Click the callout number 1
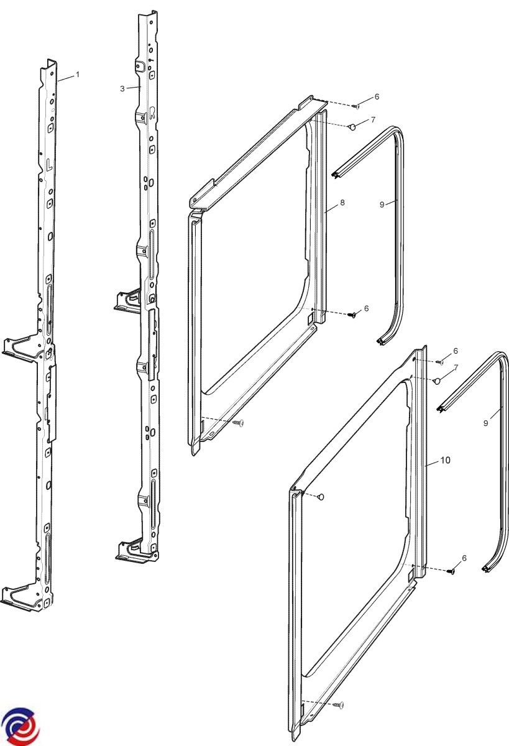(78, 75)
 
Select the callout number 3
(122, 88)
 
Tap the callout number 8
(342, 203)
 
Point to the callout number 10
(445, 460)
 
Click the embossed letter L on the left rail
(49, 165)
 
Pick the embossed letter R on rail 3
(152, 113)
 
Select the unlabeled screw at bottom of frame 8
(239, 422)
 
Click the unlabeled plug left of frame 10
(321, 497)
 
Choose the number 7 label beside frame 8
(373, 119)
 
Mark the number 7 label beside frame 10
(456, 367)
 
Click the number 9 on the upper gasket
(382, 205)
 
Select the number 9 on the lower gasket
(486, 423)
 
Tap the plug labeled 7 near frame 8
(352, 127)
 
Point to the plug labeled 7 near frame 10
(437, 381)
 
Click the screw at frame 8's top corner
(356, 106)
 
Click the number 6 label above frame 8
(377, 96)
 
